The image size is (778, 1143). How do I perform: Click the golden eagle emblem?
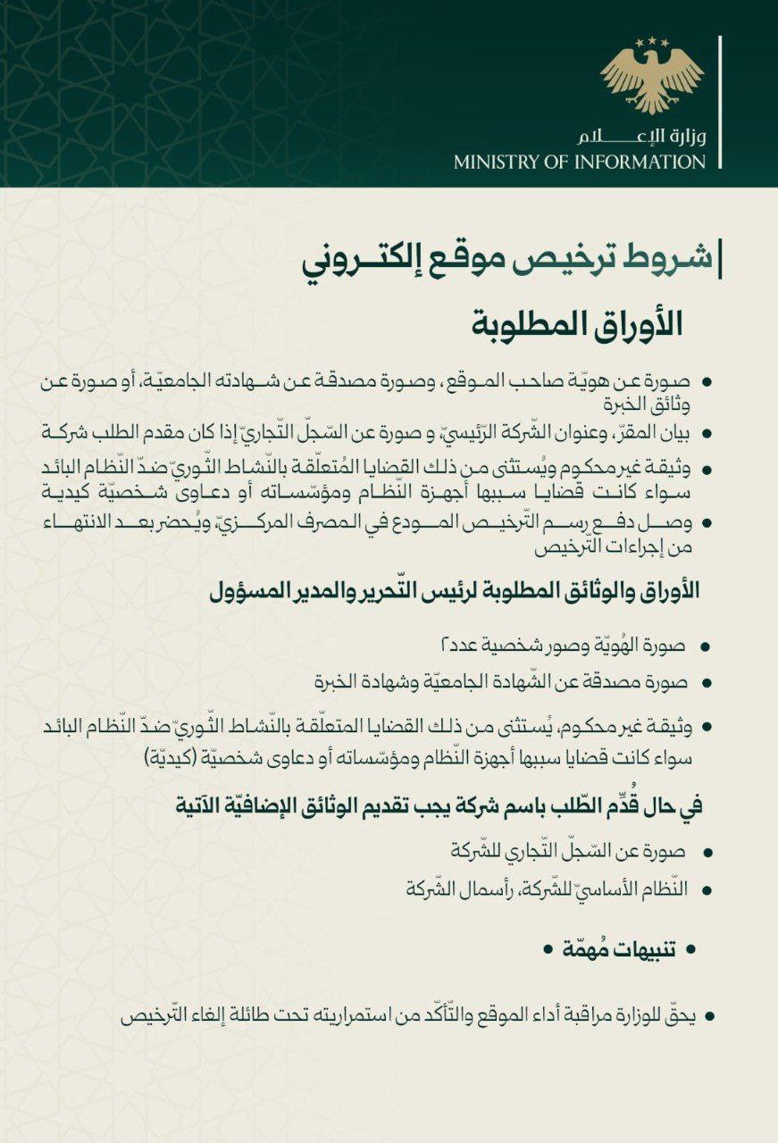[x=652, y=79]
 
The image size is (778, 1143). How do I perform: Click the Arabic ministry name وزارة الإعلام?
[x=641, y=137]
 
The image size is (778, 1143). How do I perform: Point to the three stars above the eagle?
[x=652, y=41]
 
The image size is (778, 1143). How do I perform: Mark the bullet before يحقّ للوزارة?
[x=708, y=1016]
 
